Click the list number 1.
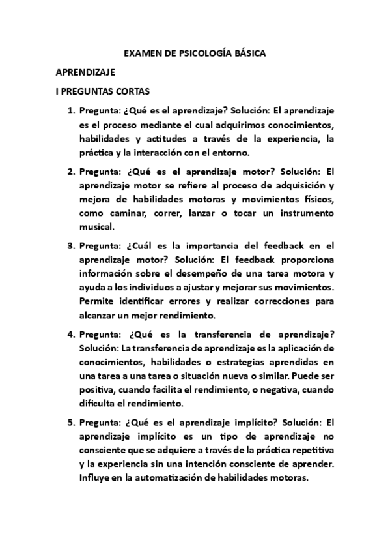click(71, 111)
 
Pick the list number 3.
click(71, 246)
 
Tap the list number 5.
click(71, 421)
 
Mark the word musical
click(96, 226)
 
